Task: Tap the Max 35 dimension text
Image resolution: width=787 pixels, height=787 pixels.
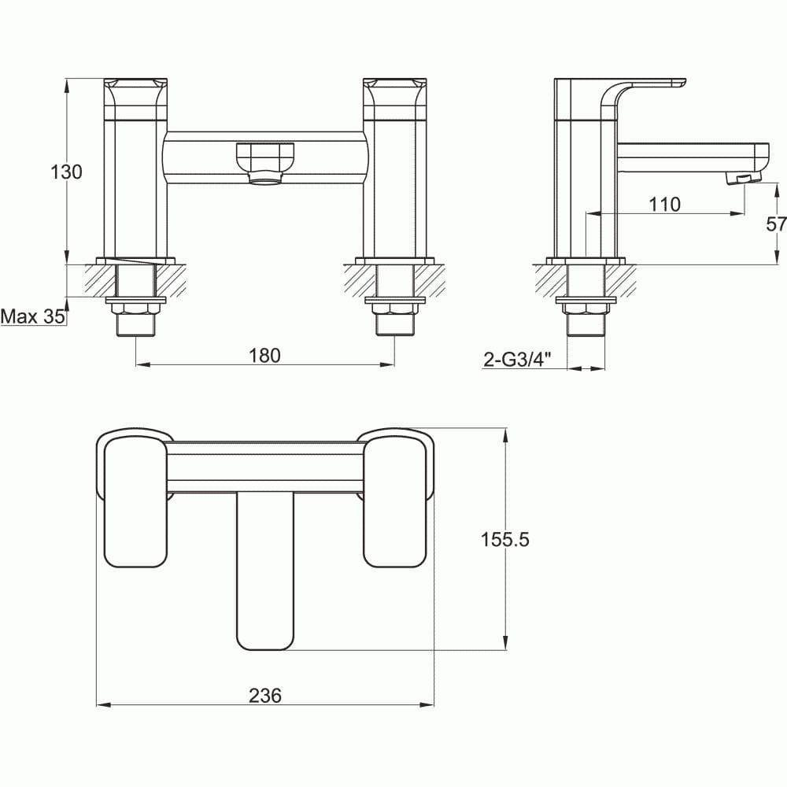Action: click(x=32, y=316)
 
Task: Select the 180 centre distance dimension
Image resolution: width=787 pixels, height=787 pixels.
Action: click(x=264, y=355)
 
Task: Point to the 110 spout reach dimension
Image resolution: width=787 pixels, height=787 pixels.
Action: click(x=664, y=204)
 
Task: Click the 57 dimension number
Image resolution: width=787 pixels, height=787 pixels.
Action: click(x=775, y=224)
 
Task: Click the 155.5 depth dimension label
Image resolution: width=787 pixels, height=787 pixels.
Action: click(x=504, y=539)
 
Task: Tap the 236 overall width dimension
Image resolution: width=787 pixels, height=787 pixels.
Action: click(x=265, y=696)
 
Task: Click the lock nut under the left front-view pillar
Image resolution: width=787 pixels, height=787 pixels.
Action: click(x=136, y=309)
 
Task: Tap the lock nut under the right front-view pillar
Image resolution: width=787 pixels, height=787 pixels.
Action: click(x=394, y=309)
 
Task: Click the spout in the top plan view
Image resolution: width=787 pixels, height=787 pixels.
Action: click(x=265, y=575)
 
